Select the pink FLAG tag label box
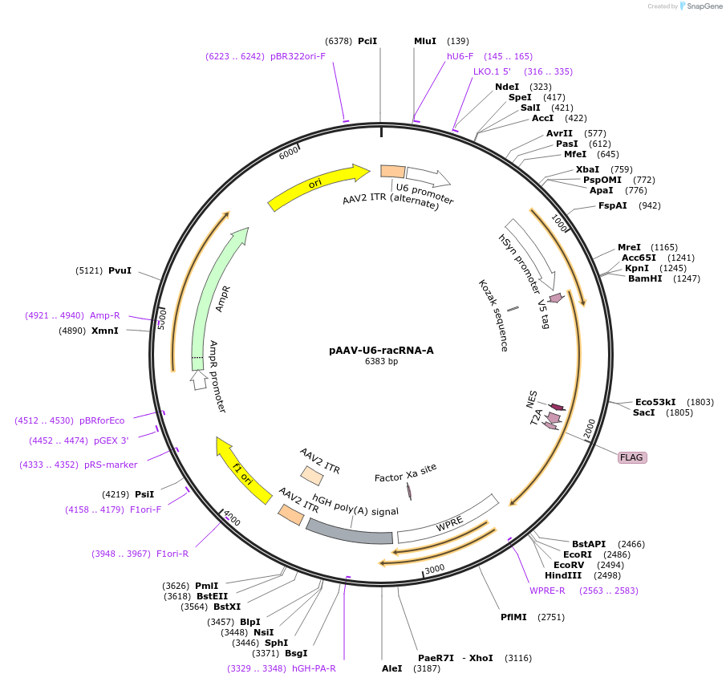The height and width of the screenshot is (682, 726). [632, 457]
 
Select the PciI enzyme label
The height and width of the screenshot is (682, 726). [367, 41]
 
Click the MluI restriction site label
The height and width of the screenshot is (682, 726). [425, 41]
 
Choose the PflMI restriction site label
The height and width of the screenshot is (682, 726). [514, 617]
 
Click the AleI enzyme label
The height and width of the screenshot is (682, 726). [392, 668]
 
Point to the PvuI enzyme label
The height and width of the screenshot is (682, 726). [120, 270]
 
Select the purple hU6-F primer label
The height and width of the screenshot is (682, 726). [460, 56]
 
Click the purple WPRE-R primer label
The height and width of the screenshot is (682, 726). [547, 591]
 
